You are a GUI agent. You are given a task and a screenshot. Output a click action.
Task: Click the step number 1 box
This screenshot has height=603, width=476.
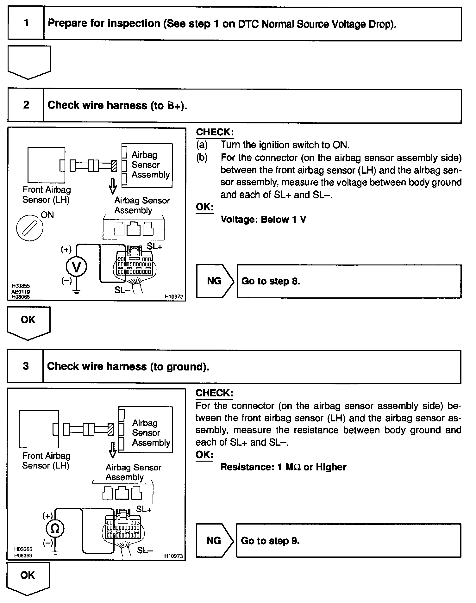(26, 23)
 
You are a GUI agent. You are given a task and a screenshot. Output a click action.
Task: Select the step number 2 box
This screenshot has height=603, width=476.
(26, 105)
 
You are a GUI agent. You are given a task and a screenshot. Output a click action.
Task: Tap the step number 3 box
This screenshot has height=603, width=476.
(26, 366)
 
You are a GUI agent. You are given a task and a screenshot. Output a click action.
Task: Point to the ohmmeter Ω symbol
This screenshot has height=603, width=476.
(55, 529)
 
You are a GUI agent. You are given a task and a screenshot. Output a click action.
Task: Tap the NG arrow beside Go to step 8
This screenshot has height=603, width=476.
(215, 281)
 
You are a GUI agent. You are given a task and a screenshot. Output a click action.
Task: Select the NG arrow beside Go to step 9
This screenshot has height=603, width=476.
(214, 540)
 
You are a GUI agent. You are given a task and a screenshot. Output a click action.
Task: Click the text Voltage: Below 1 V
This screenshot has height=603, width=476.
(263, 220)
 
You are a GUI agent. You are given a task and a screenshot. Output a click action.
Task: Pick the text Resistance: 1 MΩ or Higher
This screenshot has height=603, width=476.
(283, 467)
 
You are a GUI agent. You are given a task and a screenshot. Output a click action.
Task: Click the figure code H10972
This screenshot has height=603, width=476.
(174, 297)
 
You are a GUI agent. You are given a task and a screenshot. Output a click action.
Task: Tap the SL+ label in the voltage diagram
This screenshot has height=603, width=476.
(154, 246)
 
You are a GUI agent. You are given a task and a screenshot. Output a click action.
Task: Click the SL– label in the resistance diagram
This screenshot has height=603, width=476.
(145, 550)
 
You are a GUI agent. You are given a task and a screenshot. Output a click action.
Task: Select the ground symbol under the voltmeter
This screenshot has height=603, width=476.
(76, 292)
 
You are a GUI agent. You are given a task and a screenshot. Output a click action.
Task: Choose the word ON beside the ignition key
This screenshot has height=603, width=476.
(47, 215)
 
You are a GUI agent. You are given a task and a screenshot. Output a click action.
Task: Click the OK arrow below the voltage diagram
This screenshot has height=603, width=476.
(28, 322)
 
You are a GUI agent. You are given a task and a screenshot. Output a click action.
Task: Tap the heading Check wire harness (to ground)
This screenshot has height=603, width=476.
(128, 366)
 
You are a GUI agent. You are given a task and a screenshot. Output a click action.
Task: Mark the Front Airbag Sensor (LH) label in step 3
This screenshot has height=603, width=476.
(46, 461)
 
